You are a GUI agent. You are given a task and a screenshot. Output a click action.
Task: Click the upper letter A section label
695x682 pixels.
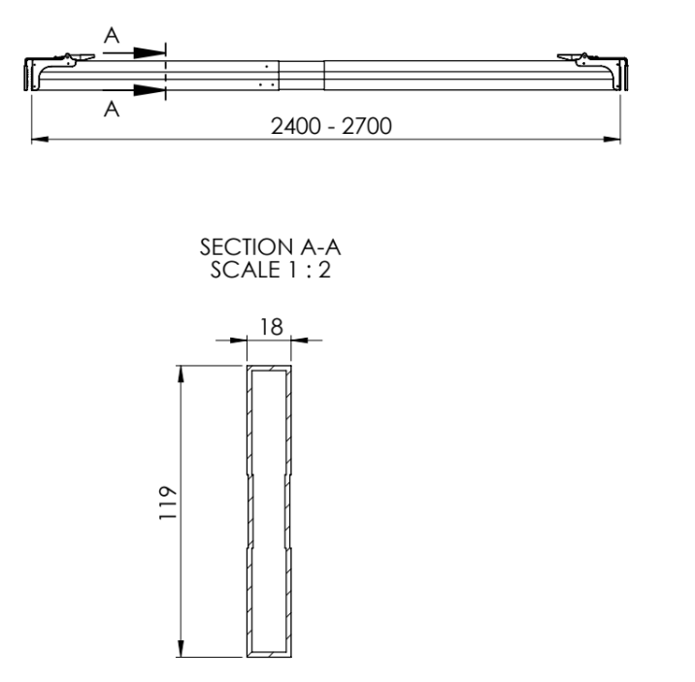112,36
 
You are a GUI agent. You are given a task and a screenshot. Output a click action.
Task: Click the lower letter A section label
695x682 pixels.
112,109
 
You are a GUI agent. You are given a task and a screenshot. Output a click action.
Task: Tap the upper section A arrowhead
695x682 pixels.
149,52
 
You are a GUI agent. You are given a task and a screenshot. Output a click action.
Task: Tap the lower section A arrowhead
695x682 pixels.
149,90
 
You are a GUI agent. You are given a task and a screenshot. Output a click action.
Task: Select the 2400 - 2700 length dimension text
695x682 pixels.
331,126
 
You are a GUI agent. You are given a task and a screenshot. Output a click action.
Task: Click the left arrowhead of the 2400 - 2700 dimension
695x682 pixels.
40,139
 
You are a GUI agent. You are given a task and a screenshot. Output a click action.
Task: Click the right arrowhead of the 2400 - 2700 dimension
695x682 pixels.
612,139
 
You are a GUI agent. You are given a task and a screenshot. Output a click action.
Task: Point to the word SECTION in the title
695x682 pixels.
247,247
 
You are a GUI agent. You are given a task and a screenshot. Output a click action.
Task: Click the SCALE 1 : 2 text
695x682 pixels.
271,270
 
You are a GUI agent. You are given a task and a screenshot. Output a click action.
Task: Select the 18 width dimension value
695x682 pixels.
271,327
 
